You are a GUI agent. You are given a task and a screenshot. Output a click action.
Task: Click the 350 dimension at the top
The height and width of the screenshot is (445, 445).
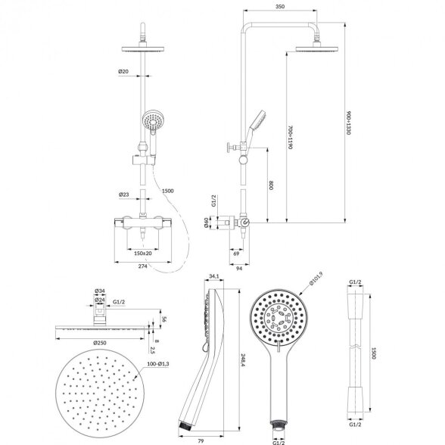click(x=280, y=7)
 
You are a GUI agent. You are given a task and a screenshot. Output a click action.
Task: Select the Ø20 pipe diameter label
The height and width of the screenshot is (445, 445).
click(x=123, y=71)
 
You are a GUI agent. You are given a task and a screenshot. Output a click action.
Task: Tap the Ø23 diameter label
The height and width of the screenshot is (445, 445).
click(x=124, y=194)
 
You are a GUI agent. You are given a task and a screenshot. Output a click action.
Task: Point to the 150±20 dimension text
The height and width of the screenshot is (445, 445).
click(x=143, y=253)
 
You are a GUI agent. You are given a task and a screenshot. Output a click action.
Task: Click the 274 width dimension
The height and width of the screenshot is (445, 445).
click(x=142, y=266)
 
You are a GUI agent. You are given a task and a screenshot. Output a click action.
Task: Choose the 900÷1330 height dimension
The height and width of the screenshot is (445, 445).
click(x=349, y=123)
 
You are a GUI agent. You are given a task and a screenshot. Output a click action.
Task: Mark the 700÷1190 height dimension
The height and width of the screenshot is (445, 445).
click(x=291, y=137)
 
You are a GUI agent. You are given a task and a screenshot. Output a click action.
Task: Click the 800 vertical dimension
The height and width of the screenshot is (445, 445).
click(x=271, y=185)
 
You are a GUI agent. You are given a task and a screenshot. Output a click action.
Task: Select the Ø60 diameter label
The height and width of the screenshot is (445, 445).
click(x=207, y=222)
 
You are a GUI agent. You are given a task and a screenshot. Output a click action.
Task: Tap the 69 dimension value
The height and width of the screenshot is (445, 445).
click(x=236, y=254)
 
